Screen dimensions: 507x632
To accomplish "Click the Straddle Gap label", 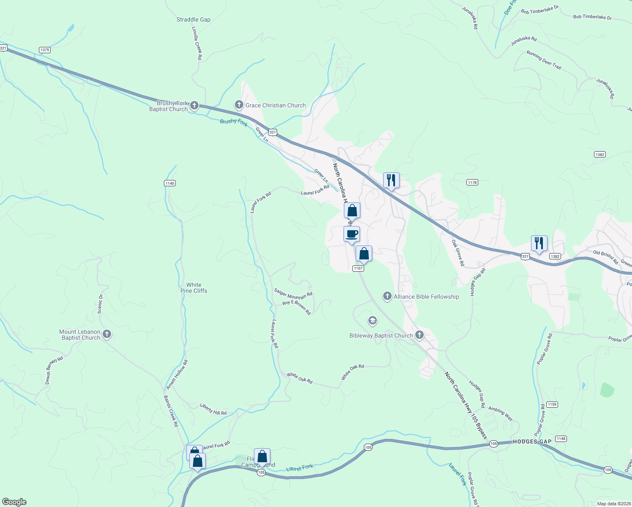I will click(x=193, y=19).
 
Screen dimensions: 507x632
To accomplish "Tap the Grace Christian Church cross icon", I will click(x=239, y=105).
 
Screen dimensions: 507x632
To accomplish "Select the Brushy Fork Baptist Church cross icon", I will click(x=194, y=106).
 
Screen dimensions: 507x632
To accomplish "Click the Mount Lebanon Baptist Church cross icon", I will click(x=107, y=335).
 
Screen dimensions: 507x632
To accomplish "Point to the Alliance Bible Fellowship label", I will click(x=426, y=297).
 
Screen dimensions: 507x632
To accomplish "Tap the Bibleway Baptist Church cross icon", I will click(x=419, y=335).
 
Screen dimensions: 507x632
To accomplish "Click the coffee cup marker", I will click(x=351, y=234).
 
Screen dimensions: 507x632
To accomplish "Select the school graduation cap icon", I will click(x=372, y=321).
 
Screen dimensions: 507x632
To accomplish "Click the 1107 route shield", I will click(x=358, y=268).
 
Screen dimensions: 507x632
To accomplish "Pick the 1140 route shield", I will click(x=169, y=183).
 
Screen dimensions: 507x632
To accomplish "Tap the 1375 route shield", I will click(x=45, y=50).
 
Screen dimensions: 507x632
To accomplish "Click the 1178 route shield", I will click(x=472, y=183).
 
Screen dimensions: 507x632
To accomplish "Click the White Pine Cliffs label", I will click(x=194, y=288).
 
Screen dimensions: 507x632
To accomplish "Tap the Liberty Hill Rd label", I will click(x=213, y=409).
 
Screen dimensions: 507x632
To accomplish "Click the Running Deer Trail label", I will click(x=544, y=60).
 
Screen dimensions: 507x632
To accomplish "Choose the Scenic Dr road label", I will click(x=100, y=304).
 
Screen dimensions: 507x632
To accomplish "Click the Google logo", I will click(x=14, y=502).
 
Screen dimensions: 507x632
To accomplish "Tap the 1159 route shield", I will click(x=552, y=404).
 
